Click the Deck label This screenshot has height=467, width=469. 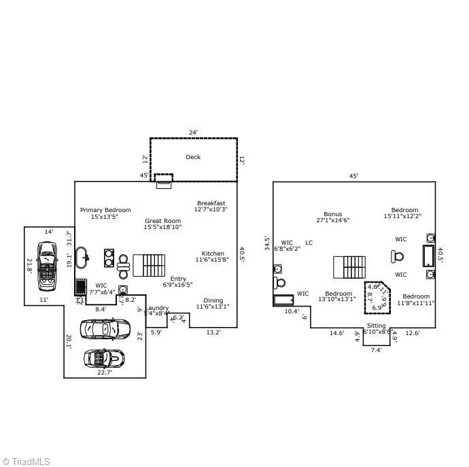click(x=193, y=157)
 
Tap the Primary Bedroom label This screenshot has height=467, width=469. click(x=105, y=210)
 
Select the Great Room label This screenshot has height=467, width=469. click(x=162, y=221)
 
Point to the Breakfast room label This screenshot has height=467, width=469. click(x=211, y=203)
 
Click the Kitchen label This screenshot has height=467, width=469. click(x=213, y=254)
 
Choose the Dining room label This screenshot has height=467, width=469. click(x=213, y=300)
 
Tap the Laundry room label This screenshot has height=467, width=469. click(x=157, y=308)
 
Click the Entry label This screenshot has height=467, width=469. click(x=178, y=279)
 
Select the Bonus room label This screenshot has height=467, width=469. click(x=333, y=214)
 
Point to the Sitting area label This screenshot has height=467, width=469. click(x=376, y=326)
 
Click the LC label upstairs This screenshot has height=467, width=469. click(x=309, y=243)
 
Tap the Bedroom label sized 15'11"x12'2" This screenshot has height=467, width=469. click(x=404, y=210)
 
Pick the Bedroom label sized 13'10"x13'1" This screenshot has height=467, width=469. click(x=338, y=294)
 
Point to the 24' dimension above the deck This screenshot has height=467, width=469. click(x=193, y=133)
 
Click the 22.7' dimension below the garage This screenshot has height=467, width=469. click(x=104, y=373)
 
